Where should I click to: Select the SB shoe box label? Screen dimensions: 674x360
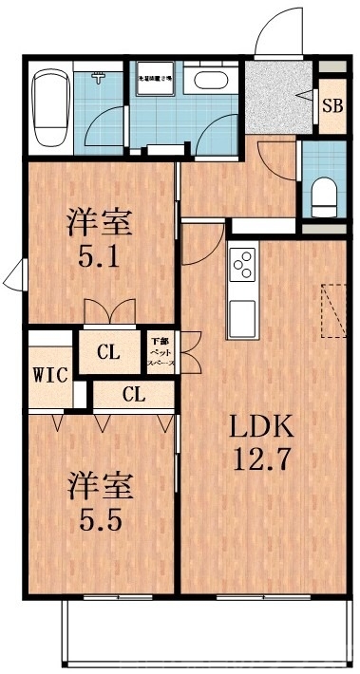[332, 104]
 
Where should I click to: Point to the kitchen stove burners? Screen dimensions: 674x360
[241, 262]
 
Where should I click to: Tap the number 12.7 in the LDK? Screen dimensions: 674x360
[261, 462]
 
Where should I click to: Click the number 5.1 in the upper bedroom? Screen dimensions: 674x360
[98, 256]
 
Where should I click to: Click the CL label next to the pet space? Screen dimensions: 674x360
[109, 353]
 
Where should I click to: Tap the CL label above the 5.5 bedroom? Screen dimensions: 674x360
[133, 395]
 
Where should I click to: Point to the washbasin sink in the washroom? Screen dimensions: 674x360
[205, 82]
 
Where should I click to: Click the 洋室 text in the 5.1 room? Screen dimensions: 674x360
[98, 224]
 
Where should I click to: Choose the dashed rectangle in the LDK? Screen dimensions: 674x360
[334, 310]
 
